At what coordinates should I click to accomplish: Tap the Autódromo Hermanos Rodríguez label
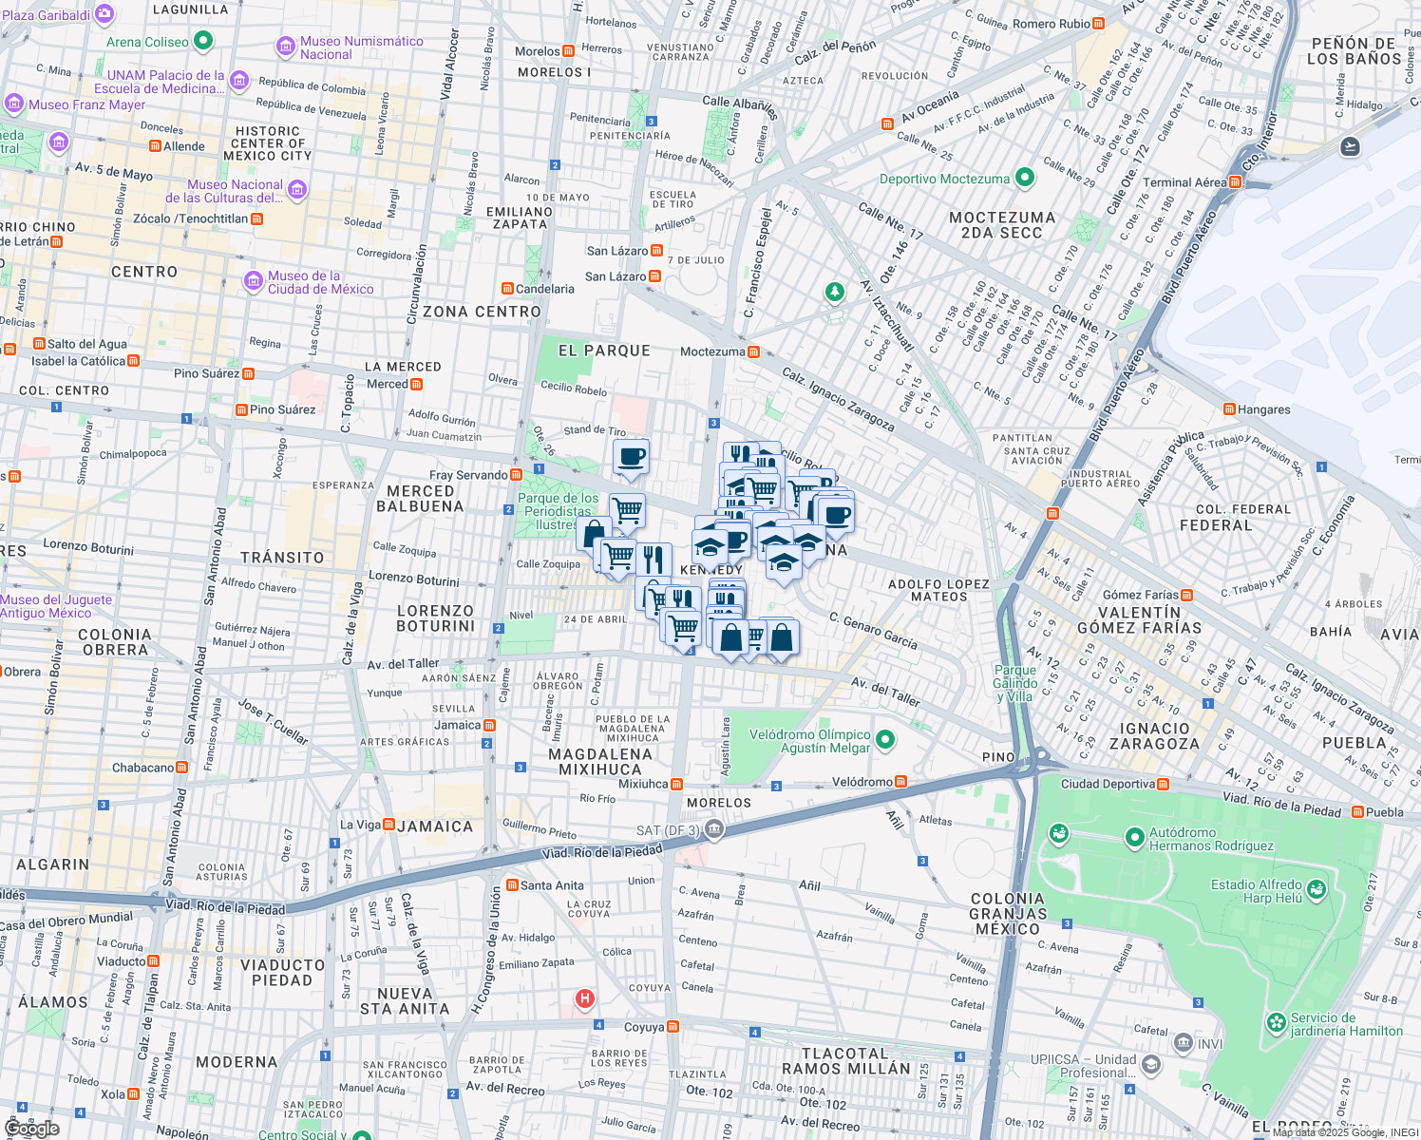pyautogui.click(x=1211, y=839)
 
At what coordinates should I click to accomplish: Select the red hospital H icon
pyautogui.click(x=585, y=998)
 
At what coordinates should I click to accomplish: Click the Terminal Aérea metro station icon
pyautogui.click(x=1235, y=181)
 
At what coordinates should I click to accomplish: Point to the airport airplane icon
pyautogui.click(x=1350, y=146)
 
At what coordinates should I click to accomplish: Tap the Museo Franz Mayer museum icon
pyautogui.click(x=13, y=104)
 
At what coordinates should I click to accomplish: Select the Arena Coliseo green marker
pyautogui.click(x=202, y=41)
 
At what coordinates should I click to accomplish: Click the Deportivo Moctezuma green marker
pyautogui.click(x=1024, y=178)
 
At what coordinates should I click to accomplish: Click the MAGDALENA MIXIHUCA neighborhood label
pyautogui.click(x=600, y=762)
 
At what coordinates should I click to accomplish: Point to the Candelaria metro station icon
pyautogui.click(x=507, y=289)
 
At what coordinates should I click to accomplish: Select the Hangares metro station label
pyautogui.click(x=1263, y=409)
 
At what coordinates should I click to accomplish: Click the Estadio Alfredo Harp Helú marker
pyautogui.click(x=1317, y=889)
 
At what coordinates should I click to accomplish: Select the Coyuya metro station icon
pyautogui.click(x=673, y=1027)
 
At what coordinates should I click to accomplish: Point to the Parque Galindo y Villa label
pyautogui.click(x=1014, y=683)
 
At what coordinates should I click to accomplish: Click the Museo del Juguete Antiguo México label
pyautogui.click(x=56, y=606)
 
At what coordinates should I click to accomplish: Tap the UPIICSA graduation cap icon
pyautogui.click(x=1151, y=1063)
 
